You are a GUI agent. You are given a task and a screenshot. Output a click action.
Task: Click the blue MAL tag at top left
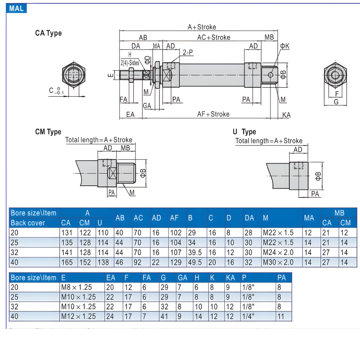tap(17, 8)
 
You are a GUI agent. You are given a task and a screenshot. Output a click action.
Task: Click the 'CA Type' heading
tap(48, 33)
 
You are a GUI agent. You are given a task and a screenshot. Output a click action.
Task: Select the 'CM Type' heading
tap(48, 132)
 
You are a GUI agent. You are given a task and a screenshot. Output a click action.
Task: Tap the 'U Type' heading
tap(244, 132)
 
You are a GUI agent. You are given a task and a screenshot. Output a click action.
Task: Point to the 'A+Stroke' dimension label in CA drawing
tap(202, 27)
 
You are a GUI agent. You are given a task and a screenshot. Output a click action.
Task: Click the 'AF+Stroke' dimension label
tap(213, 114)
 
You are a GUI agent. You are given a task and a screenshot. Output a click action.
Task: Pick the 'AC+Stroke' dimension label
tap(213, 37)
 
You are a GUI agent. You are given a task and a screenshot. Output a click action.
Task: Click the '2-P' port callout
tap(188, 53)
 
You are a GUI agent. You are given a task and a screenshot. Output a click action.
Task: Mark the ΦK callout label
tap(285, 46)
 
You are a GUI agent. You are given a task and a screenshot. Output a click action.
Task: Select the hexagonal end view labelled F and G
tap(336, 76)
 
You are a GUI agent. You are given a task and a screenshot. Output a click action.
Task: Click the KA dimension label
tap(286, 115)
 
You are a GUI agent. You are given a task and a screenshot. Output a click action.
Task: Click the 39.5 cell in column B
tap(194, 252)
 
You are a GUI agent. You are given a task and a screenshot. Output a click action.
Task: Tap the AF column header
tap(174, 218)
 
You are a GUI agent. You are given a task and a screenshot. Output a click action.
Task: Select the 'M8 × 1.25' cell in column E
tap(76, 287)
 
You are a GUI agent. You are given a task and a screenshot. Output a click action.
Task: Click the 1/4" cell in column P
tap(248, 316)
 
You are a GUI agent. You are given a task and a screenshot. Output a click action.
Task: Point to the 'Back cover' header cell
tap(28, 223)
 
